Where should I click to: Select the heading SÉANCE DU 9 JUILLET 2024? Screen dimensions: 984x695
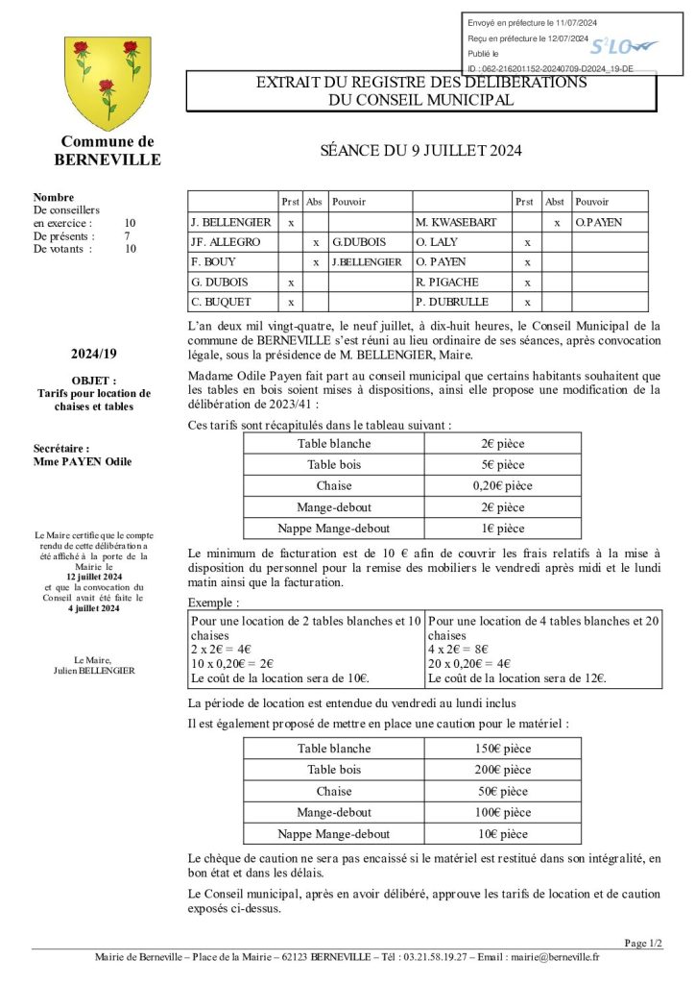click(x=420, y=151)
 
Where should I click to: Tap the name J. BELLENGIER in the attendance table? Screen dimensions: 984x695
click(x=230, y=222)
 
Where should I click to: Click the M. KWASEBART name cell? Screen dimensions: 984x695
click(x=456, y=222)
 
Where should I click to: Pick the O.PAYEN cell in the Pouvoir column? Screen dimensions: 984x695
click(x=599, y=222)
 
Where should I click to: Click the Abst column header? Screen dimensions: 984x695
click(x=555, y=202)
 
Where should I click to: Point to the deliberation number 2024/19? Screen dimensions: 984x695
click(x=94, y=354)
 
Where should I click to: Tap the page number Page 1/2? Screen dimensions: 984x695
click(x=642, y=943)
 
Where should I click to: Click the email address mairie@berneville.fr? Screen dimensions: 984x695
click(x=556, y=957)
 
